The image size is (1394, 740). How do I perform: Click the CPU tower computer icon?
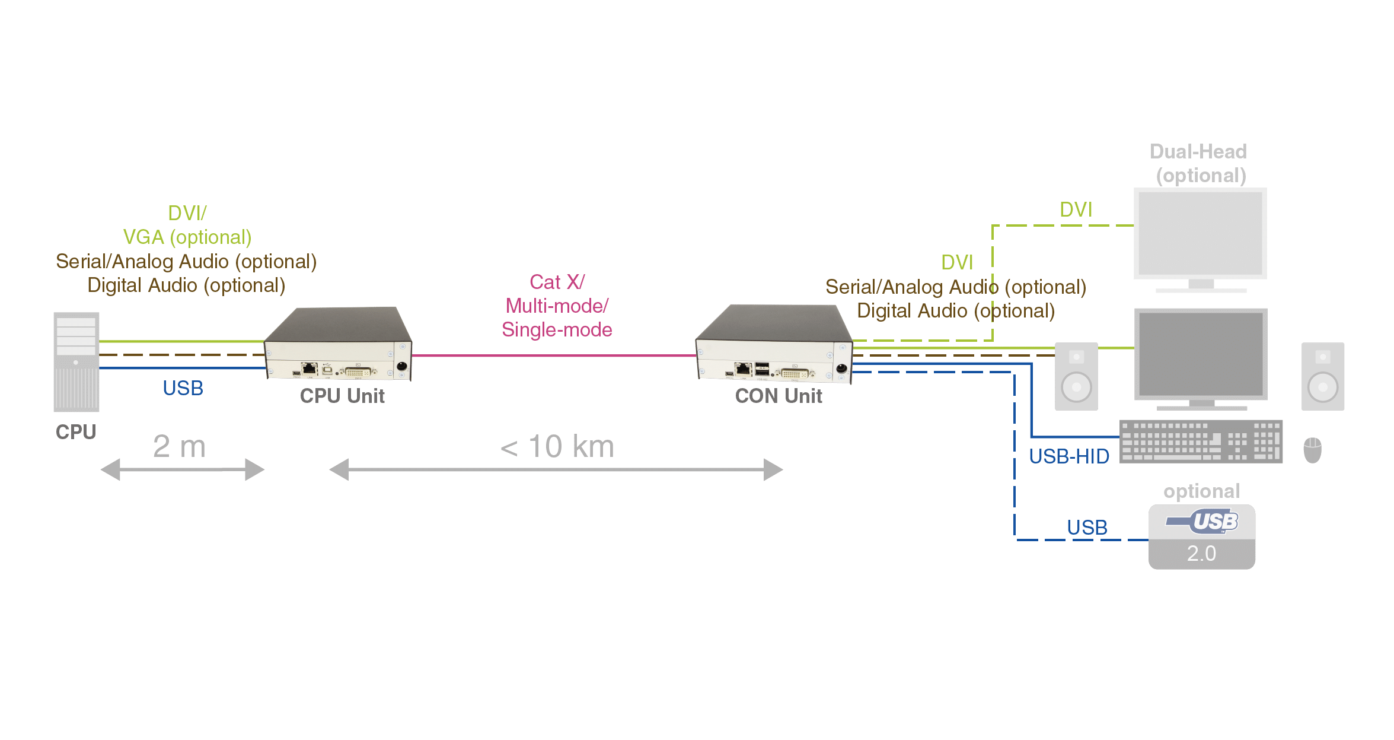pos(76,362)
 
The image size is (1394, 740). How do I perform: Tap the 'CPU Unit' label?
pos(343,396)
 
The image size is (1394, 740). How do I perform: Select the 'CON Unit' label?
pos(779,396)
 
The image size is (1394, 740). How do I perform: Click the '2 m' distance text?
pos(179,446)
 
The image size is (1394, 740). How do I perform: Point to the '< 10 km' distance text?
pos(557,446)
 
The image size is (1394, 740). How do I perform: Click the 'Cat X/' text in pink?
pos(557,282)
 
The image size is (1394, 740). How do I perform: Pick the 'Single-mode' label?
pos(557,329)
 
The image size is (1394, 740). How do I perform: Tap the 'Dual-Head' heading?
pos(1198,152)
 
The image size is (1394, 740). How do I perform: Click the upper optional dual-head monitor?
pos(1200,234)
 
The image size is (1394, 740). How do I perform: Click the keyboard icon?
pos(1201,442)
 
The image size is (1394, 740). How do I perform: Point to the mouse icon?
pos(1312,450)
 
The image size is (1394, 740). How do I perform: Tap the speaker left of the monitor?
pos(1076,376)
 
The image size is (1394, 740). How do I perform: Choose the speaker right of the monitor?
pos(1323,376)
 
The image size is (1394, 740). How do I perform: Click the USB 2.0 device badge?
pos(1201,536)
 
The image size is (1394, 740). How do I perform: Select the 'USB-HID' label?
pos(1069,456)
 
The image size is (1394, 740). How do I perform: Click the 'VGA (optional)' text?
pos(187,237)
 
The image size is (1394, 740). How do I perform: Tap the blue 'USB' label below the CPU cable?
pos(183,388)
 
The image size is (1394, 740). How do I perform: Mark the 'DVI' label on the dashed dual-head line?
pos(1076,209)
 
